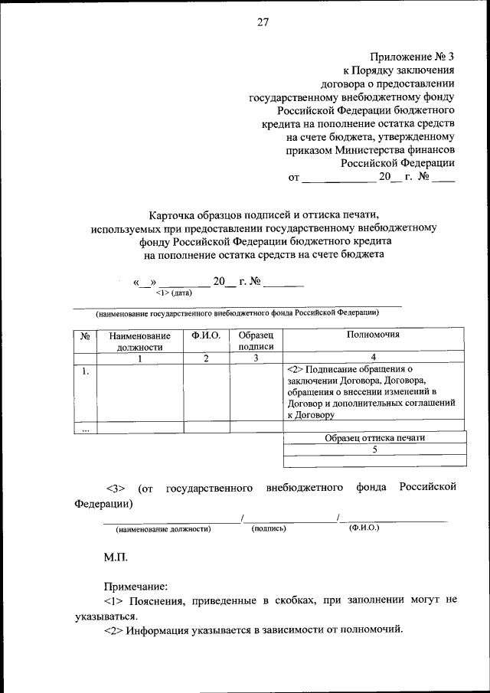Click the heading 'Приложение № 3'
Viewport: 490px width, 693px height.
pyautogui.click(x=412, y=57)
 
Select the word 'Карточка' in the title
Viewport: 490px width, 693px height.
pyautogui.click(x=171, y=215)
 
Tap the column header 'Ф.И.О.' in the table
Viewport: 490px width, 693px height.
pyautogui.click(x=206, y=335)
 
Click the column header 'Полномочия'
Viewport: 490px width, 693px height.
pyautogui.click(x=373, y=335)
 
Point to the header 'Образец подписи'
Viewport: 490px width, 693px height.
pyautogui.click(x=256, y=341)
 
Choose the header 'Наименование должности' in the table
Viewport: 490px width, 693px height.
pyautogui.click(x=139, y=341)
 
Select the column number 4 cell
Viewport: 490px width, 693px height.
pyautogui.click(x=373, y=357)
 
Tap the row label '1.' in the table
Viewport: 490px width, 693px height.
pyautogui.click(x=85, y=371)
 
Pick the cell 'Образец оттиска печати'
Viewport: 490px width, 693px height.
pyautogui.click(x=374, y=438)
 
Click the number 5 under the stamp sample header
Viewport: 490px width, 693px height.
pyautogui.click(x=374, y=449)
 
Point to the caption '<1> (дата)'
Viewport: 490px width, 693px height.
pyautogui.click(x=173, y=293)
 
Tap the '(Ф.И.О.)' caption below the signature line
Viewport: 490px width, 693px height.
pyautogui.click(x=364, y=528)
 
